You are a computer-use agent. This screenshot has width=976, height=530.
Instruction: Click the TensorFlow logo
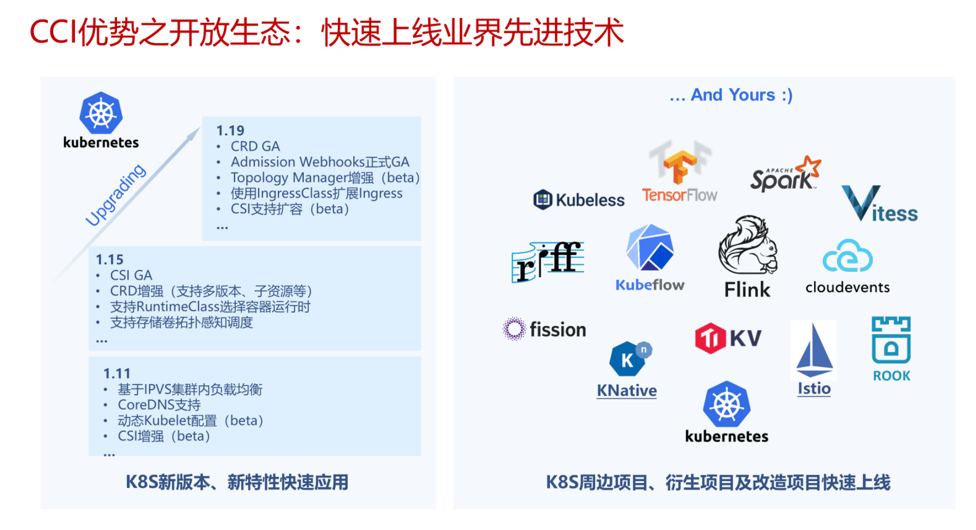pyautogui.click(x=680, y=172)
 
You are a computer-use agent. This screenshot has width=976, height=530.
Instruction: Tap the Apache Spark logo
pyautogui.click(x=785, y=174)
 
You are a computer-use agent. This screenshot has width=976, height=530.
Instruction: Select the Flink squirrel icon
pyautogui.click(x=748, y=244)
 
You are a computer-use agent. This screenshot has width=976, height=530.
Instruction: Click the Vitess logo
pyautogui.click(x=880, y=203)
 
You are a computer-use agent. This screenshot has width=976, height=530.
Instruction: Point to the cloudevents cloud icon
pyautogui.click(x=847, y=256)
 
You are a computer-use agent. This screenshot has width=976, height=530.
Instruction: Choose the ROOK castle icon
pyautogui.click(x=891, y=340)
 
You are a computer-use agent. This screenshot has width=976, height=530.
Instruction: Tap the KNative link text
pyautogui.click(x=627, y=390)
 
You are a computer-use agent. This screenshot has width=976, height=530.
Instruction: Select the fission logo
pyautogui.click(x=544, y=329)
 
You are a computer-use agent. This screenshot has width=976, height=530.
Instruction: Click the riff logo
pyautogui.click(x=548, y=262)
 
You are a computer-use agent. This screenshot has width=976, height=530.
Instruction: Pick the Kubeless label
pyautogui.click(x=590, y=200)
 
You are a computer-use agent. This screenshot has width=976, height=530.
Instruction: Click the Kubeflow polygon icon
pyautogui.click(x=649, y=247)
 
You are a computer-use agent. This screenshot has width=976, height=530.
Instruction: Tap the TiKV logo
pyautogui.click(x=728, y=338)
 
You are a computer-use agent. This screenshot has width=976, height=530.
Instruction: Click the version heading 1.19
pyautogui.click(x=230, y=131)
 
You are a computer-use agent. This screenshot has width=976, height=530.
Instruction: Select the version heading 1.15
pyautogui.click(x=109, y=259)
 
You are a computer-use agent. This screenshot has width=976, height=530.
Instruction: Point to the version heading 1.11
pyautogui.click(x=116, y=374)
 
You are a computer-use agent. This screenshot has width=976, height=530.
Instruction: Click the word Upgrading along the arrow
pyautogui.click(x=115, y=195)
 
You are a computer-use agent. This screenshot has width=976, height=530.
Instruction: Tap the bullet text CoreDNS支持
pyautogui.click(x=159, y=405)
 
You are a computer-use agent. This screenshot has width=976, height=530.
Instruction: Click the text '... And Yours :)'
pyautogui.click(x=731, y=95)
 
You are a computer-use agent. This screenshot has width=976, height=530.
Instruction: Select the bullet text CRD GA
pyautogui.click(x=255, y=146)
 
